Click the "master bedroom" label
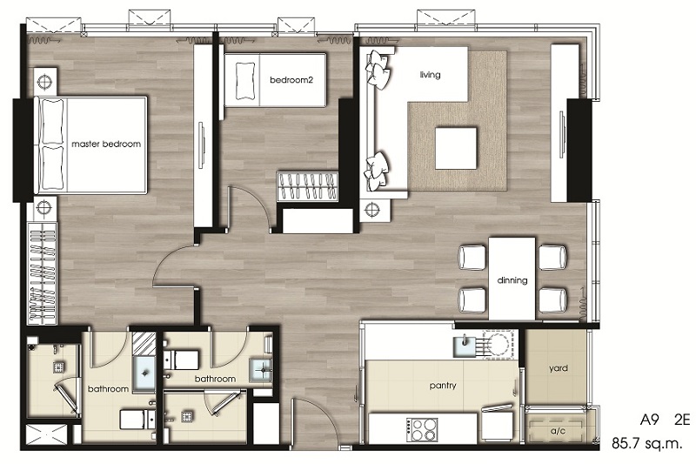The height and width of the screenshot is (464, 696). pos(106,144)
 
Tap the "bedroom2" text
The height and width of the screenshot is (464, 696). pos(291,80)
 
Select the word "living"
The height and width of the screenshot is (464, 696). pos(430,75)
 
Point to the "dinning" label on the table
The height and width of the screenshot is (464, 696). pos(512,280)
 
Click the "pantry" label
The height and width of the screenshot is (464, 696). pos(443,386)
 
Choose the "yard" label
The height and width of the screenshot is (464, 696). pos(558,368)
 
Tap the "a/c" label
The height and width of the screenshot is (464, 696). pos(558,431)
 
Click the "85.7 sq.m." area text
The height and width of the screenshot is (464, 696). pos(646,443)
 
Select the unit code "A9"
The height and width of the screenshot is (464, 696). pos(649,420)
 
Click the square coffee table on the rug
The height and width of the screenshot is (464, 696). pos(456,148)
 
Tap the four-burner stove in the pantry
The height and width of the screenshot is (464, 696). pos(422,429)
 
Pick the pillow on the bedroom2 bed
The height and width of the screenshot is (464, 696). pos(245,80)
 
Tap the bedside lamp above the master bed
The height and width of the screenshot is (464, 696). pos(44,81)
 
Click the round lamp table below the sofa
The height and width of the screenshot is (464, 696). pos(372,209)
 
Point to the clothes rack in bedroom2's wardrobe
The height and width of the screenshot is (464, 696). pos(307,186)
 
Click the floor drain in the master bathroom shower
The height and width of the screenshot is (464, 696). pos(59,366)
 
